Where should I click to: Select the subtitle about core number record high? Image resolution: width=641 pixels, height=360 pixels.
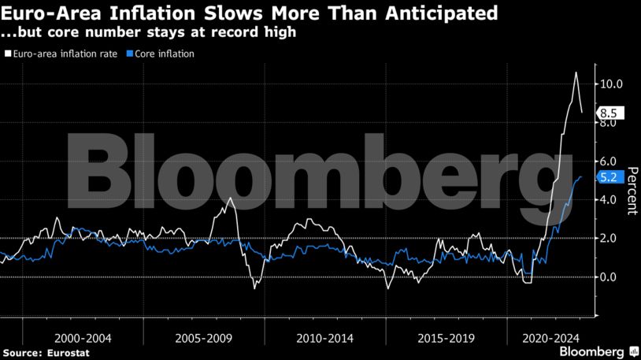tap(149, 35)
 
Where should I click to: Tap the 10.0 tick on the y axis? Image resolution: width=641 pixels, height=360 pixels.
tap(611, 84)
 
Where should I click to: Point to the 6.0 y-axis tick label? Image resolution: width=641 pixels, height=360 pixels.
tap(608, 161)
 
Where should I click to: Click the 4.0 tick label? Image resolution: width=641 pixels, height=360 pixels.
tap(608, 199)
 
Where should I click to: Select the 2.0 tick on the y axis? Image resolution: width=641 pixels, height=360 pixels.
tap(608, 238)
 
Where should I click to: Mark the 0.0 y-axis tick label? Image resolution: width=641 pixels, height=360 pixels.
tap(608, 276)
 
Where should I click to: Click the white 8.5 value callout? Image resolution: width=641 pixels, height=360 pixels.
tap(608, 113)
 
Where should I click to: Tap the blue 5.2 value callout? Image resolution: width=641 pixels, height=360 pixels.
tap(608, 177)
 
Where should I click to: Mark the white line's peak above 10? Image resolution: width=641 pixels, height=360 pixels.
tap(576, 72)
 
